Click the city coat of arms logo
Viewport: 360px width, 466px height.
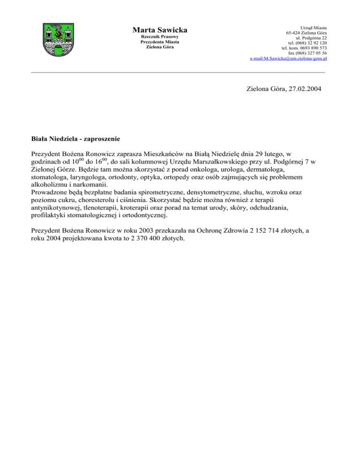(58, 40)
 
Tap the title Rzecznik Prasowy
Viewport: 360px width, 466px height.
(160, 37)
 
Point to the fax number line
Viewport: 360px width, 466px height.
(307, 53)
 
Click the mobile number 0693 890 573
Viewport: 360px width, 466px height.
(310, 48)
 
